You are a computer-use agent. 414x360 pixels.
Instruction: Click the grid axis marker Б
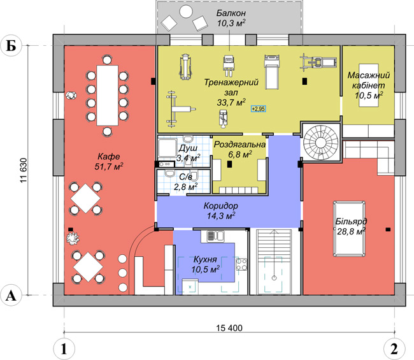coord(11,46)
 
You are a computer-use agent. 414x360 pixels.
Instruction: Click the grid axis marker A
coord(11,295)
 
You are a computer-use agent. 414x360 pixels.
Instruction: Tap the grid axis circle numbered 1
coord(64,349)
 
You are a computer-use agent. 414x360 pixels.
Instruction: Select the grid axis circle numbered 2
coord(394,349)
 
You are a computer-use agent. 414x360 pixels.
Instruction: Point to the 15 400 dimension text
coord(229,328)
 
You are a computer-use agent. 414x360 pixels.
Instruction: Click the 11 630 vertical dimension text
coord(23,171)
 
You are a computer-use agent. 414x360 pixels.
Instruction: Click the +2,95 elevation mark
coord(259,109)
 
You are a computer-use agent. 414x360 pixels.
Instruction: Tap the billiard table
coord(349,229)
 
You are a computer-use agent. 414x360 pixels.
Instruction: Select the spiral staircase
coord(320,143)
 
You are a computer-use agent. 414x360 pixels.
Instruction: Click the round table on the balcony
coord(186,11)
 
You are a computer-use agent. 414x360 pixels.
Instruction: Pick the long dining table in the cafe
coord(107,96)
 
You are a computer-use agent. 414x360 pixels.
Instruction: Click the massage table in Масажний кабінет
coord(369,85)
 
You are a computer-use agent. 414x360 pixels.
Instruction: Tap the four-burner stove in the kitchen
coord(241,264)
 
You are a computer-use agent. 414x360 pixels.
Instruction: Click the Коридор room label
coord(221,206)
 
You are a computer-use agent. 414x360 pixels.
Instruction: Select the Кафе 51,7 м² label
coord(109,161)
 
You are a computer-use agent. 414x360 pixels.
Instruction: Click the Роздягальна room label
coord(239,145)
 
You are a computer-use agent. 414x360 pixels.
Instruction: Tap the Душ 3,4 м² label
coord(188,153)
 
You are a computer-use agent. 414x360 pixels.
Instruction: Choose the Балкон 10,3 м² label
coord(231,18)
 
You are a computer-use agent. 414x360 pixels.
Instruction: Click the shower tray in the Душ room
coord(167,148)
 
